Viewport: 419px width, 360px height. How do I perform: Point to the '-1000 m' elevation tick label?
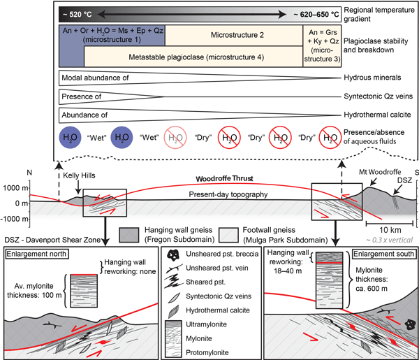[14, 217]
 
